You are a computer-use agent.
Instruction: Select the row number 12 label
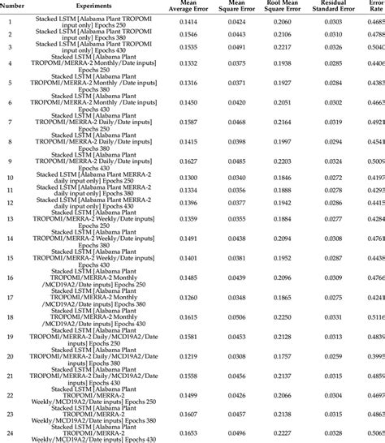coord(9,202)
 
